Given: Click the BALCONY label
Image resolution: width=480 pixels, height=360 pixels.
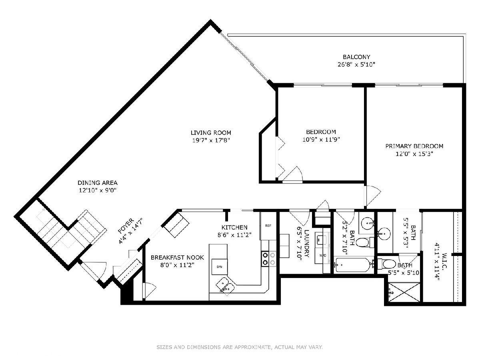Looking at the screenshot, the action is point(356,57).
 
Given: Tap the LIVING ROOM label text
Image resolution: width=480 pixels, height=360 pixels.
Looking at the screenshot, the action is point(211,133).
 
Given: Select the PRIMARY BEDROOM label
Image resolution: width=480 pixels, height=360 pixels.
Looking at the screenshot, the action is point(414,146).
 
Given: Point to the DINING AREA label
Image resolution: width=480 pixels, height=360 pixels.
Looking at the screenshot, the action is point(98,182).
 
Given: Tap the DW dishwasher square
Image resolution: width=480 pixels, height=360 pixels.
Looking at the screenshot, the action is point(219,267).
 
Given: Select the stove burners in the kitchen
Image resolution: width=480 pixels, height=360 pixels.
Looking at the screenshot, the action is point(269,258).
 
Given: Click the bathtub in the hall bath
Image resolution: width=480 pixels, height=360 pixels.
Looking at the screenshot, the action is point(352,265).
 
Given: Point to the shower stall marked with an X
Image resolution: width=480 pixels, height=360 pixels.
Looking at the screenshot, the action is point(404,292).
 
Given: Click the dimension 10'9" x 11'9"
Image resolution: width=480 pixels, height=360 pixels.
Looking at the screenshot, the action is point(321,139).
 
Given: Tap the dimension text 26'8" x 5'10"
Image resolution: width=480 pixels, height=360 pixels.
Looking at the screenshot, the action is point(356,65).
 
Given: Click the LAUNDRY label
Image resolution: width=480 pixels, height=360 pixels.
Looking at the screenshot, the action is point(306,243).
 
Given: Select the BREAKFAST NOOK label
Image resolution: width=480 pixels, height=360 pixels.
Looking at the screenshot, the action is point(177,258).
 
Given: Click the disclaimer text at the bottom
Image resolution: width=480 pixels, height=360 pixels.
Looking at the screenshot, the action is point(240,347).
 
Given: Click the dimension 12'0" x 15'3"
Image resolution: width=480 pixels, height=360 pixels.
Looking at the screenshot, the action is point(414,154).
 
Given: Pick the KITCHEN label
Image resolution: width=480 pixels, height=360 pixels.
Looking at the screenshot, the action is point(234,227).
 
